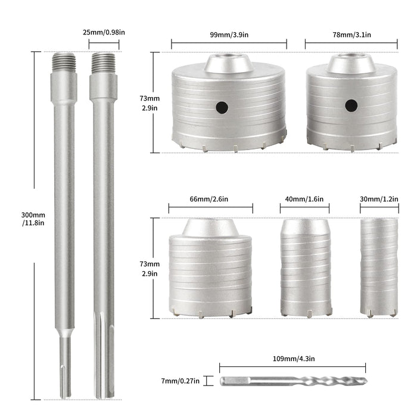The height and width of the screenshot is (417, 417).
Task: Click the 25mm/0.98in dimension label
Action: pyautogui.click(x=104, y=34)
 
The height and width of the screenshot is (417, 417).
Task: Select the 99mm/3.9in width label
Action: pyautogui.click(x=229, y=35)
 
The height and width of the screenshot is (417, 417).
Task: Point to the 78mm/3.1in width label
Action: pyautogui.click(x=351, y=35)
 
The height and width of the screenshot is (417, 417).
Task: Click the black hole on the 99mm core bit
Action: pyautogui.click(x=222, y=108)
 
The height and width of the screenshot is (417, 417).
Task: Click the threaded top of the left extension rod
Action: pyautogui.click(x=64, y=62)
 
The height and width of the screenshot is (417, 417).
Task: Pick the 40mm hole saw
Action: pyautogui.click(x=304, y=268)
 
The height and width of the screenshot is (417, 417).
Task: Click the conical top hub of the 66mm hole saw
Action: pyautogui.click(x=210, y=227)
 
